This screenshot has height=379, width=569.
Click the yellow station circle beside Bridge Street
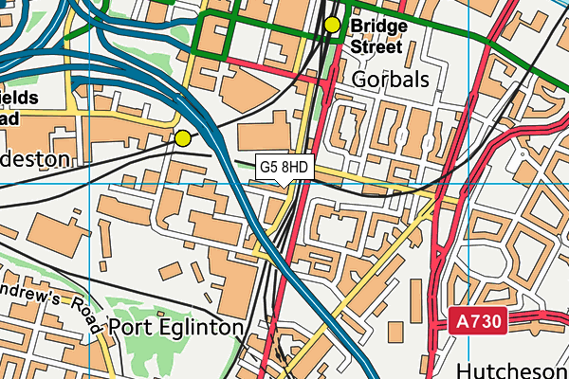[332, 25]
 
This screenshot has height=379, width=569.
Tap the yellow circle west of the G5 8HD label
[182, 138]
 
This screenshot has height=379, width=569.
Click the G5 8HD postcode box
[284, 167]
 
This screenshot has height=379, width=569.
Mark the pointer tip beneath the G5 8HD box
[284, 184]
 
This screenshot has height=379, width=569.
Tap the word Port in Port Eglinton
[129, 327]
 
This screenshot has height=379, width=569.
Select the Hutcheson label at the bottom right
[512, 367]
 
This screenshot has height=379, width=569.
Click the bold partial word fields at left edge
[18, 98]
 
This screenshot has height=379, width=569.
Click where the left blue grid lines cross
[89, 184]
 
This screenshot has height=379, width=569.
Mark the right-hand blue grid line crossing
[468, 184]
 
